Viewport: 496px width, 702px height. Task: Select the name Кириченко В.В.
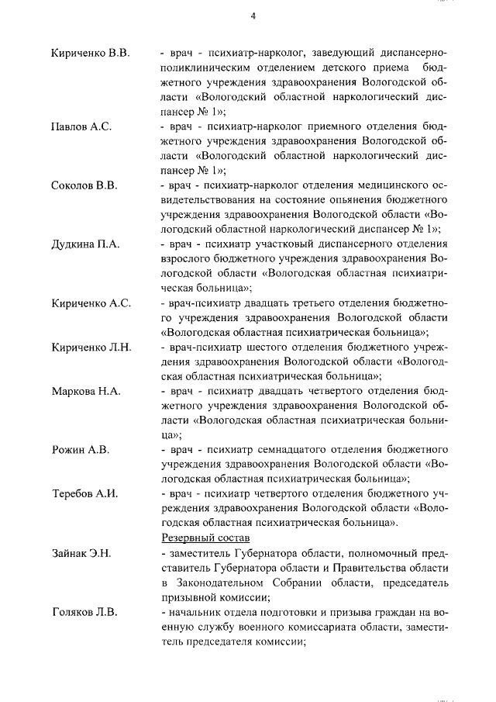click(90, 53)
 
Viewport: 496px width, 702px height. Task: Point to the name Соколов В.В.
click(84, 186)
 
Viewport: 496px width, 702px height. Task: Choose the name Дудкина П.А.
click(85, 244)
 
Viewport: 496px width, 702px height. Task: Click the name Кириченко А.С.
click(91, 303)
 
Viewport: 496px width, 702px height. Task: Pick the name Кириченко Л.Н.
click(91, 347)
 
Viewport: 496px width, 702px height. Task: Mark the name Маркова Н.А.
click(86, 391)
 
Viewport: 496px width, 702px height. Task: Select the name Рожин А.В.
click(81, 450)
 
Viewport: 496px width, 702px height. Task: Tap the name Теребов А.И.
click(84, 493)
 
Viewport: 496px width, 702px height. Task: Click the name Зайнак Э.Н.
click(82, 552)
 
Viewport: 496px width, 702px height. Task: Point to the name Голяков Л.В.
click(84, 612)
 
